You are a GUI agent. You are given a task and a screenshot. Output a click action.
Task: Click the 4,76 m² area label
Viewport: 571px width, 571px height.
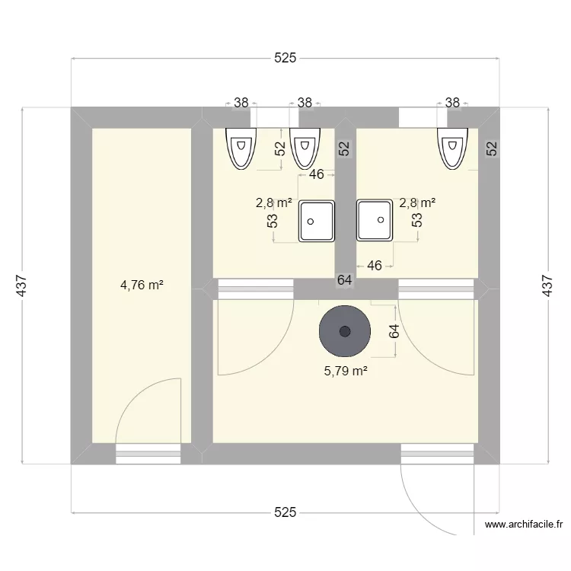[142, 285]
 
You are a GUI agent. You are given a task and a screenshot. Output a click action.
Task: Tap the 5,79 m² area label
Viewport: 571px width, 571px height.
[346, 371]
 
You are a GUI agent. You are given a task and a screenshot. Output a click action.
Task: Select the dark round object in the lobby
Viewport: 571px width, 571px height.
[345, 331]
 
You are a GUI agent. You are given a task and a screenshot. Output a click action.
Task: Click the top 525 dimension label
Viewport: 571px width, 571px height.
[285, 58]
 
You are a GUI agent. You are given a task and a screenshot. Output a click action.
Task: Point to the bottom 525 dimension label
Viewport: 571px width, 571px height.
[285, 513]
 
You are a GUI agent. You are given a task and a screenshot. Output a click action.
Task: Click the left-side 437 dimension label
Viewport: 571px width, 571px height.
[22, 285]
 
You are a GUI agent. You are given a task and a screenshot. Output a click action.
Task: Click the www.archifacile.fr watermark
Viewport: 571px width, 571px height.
[526, 525]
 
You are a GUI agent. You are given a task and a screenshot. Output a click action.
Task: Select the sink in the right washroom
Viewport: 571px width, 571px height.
[375, 221]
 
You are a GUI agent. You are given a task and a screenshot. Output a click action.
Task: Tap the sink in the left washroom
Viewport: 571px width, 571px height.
[317, 221]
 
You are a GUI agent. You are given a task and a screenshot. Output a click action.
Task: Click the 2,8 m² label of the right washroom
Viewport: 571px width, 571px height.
[417, 203]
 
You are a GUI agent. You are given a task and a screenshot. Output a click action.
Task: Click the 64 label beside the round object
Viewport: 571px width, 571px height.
[394, 331]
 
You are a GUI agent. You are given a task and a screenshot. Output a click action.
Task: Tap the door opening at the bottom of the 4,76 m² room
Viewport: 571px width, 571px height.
[148, 455]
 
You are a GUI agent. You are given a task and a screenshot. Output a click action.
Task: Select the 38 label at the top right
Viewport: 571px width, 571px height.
[452, 102]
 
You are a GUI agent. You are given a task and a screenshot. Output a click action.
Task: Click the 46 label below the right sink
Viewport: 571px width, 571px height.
[375, 266]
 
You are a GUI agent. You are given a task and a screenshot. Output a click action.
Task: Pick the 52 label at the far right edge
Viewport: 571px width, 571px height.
[491, 148]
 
